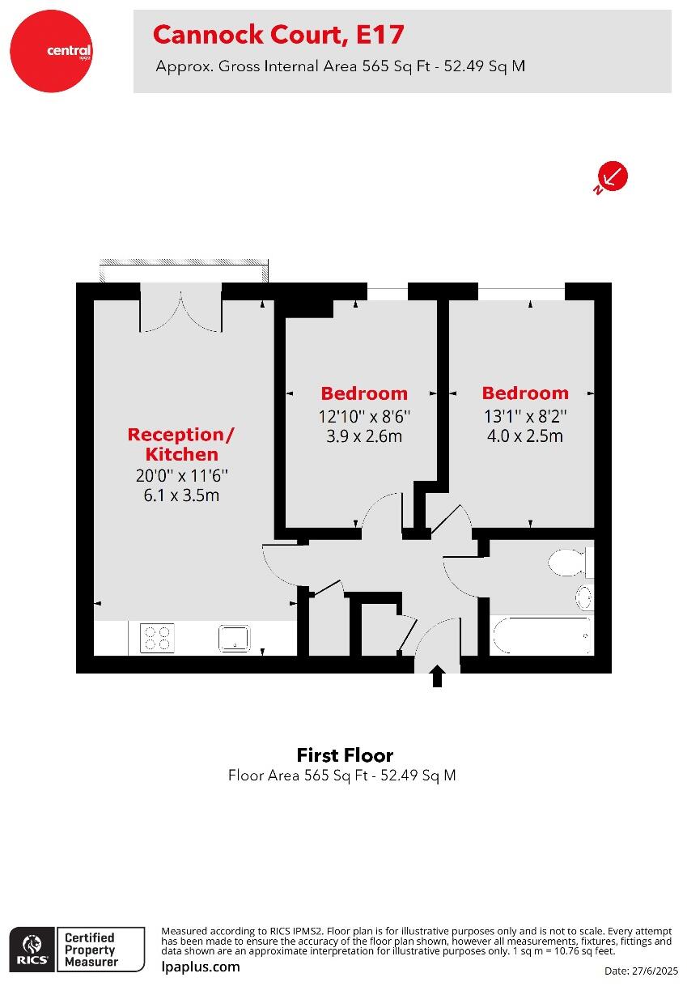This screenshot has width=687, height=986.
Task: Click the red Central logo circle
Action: click(51, 51)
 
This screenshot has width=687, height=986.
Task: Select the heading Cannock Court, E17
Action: click(278, 35)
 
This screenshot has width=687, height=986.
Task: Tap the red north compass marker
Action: click(613, 177)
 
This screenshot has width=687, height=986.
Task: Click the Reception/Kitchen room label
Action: click(181, 444)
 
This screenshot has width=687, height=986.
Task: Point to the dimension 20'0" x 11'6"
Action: click(181, 476)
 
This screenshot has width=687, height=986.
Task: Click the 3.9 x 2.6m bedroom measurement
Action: click(364, 436)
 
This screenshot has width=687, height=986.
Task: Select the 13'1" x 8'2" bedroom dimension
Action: click(525, 416)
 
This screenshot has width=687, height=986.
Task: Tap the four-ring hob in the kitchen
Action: click(157, 638)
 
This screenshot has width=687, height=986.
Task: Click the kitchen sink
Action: click(234, 638)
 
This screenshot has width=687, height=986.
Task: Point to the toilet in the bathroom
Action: click(571, 562)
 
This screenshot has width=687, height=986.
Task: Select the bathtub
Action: click(542, 635)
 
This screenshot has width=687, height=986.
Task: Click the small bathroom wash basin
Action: click(584, 597)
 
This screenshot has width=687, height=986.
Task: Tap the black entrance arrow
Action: click(437, 676)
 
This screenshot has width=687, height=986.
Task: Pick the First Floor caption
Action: click(345, 755)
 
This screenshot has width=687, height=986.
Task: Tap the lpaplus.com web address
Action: click(201, 967)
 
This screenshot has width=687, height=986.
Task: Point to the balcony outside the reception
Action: click(184, 270)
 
